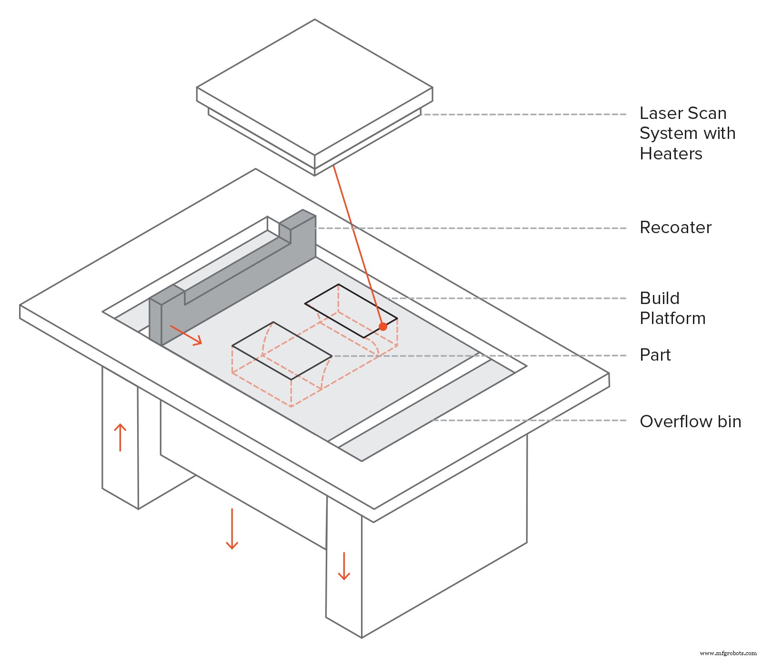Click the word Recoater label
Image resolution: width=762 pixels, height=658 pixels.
coord(675,228)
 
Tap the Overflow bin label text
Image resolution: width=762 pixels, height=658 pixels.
coord(690,422)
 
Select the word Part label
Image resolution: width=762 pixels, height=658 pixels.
coord(655,355)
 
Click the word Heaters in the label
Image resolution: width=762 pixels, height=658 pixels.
coord(671,154)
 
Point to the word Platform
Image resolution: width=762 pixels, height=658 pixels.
coord(672,318)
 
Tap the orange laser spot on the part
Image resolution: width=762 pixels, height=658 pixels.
coord(383,326)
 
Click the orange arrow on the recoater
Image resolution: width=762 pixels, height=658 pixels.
coord(186,335)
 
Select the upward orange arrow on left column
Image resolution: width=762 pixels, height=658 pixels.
coord(120,437)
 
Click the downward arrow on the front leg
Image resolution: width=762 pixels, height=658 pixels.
coord(344,566)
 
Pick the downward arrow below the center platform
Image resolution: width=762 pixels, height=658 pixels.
coord(232,529)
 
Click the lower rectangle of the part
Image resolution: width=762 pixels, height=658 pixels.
coord(281,351)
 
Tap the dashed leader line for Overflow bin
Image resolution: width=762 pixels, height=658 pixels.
coord(529,421)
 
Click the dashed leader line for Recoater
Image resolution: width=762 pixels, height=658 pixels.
coord(471,228)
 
